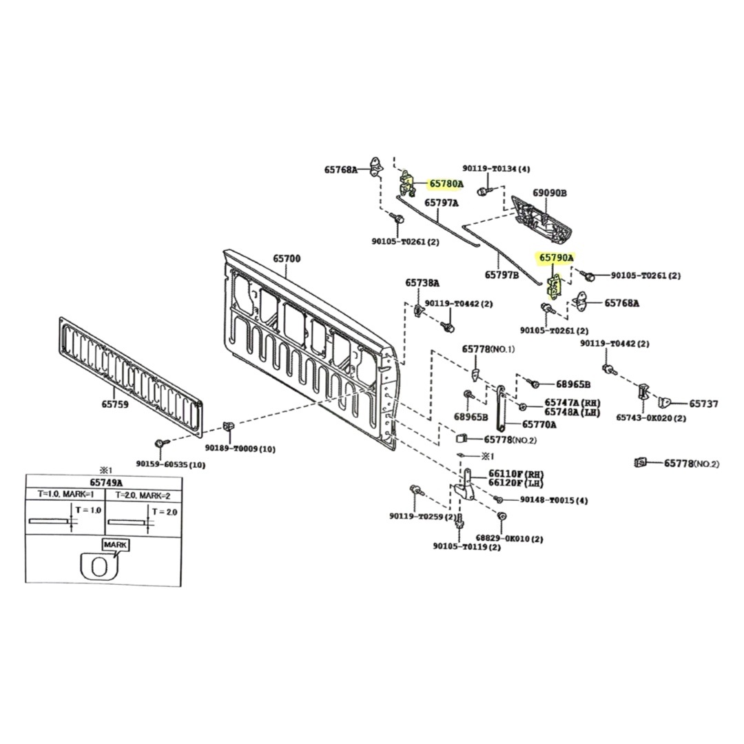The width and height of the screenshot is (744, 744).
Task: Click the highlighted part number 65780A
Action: click(446, 184)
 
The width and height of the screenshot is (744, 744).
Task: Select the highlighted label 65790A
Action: click(556, 258)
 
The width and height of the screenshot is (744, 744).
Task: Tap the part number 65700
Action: click(287, 258)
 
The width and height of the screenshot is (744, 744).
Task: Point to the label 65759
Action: click(115, 404)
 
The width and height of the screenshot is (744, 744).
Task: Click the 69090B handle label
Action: click(550, 193)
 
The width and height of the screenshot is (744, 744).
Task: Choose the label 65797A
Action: click(442, 203)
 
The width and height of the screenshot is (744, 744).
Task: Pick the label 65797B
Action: click(502, 275)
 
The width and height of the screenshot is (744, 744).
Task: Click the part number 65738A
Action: click(422, 283)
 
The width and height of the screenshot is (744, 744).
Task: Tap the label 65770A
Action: click(539, 424)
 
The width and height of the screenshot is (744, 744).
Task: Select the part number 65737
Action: click(703, 404)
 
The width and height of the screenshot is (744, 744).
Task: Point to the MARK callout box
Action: click(115, 545)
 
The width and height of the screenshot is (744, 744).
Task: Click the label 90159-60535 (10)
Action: click(171, 465)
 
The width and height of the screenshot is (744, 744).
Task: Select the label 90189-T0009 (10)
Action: click(240, 448)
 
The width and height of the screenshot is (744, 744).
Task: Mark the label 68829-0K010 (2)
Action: click(510, 539)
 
